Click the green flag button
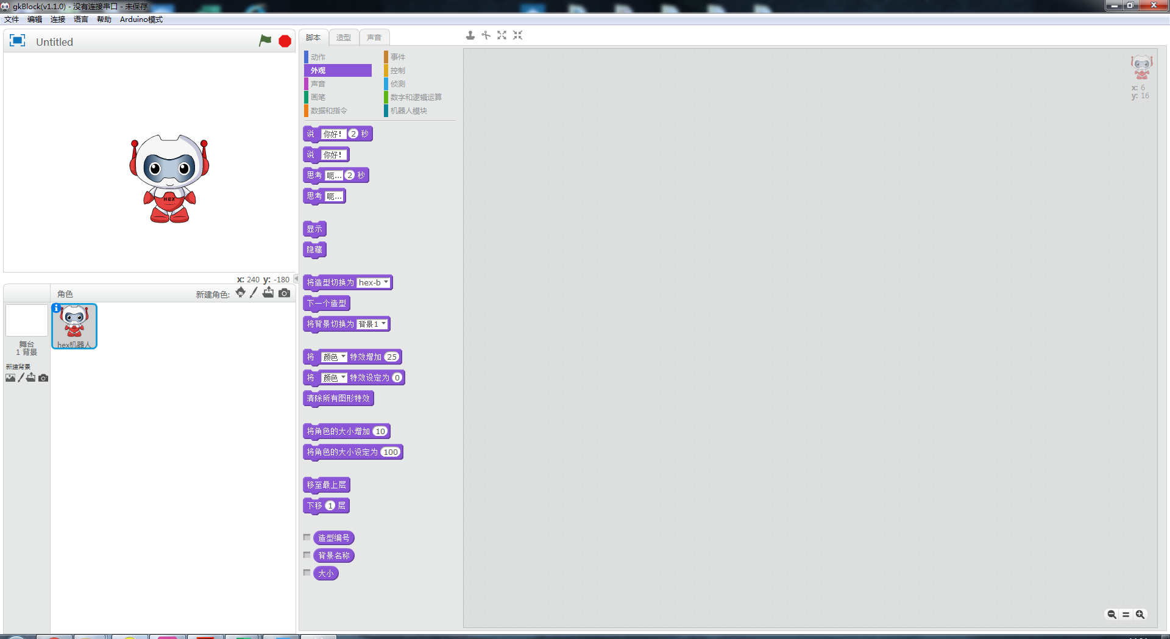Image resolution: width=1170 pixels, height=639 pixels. pyautogui.click(x=265, y=41)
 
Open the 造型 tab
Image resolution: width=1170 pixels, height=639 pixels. pyautogui.click(x=344, y=38)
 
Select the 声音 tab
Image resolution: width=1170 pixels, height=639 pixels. pyautogui.click(x=374, y=38)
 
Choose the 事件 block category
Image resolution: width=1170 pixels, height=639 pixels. pyautogui.click(x=398, y=57)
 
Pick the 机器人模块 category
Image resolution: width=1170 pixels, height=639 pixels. pyautogui.click(x=408, y=111)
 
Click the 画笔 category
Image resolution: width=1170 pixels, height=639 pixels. pyautogui.click(x=318, y=98)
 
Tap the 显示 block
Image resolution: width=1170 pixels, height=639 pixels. pyautogui.click(x=314, y=229)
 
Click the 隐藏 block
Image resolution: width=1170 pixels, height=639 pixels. pyautogui.click(x=314, y=250)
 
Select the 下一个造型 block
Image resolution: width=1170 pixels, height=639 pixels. pyautogui.click(x=327, y=304)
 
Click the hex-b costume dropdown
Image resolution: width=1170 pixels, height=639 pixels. pyautogui.click(x=374, y=283)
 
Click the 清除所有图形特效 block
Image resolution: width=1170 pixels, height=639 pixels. pyautogui.click(x=338, y=399)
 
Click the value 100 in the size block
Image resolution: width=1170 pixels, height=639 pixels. pyautogui.click(x=391, y=452)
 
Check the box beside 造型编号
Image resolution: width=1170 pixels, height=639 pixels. pyautogui.click(x=307, y=538)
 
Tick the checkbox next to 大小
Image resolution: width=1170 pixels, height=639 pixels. pyautogui.click(x=307, y=573)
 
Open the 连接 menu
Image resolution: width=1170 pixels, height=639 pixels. pyautogui.click(x=58, y=20)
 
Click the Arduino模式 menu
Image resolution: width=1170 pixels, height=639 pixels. pyautogui.click(x=141, y=20)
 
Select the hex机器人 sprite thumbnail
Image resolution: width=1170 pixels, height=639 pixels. pyautogui.click(x=74, y=326)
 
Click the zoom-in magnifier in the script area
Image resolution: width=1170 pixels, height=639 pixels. pyautogui.click(x=1140, y=615)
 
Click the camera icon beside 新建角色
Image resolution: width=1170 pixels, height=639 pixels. pyautogui.click(x=285, y=293)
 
